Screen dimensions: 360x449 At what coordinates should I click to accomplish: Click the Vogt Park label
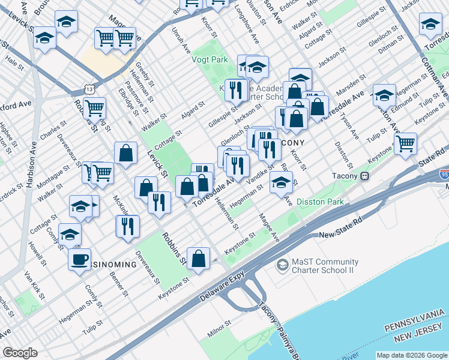tap(209, 59)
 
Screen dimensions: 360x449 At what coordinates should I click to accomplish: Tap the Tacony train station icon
tap(364, 176)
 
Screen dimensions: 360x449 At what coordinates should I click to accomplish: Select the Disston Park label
tap(320, 202)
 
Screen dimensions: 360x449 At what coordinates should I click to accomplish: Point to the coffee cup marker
tap(79, 259)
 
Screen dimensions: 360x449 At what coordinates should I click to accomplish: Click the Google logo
tap(20, 353)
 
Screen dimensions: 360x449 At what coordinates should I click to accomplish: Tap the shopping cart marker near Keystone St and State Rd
tap(406, 142)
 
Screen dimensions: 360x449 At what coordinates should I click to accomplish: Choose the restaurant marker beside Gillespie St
tap(235, 90)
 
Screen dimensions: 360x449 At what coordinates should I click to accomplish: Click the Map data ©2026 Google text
tap(411, 355)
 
